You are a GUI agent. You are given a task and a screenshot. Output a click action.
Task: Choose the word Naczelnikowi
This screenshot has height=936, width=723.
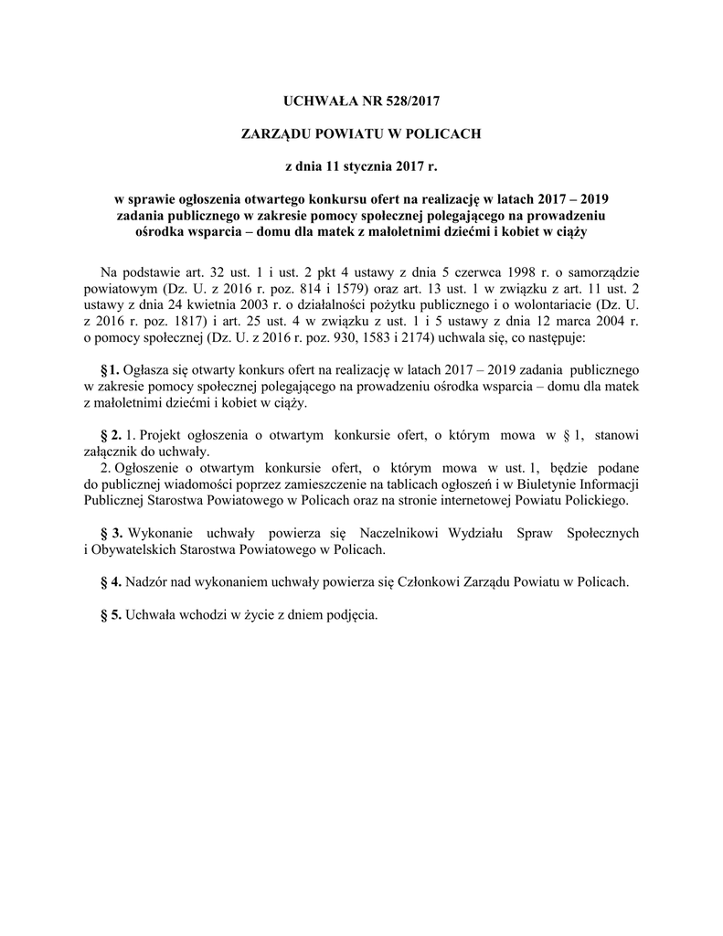click(x=372, y=532)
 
